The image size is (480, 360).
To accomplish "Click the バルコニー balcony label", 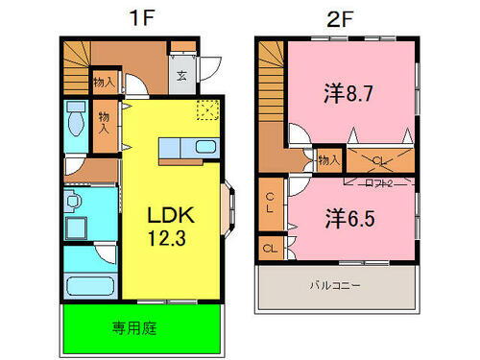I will click(335, 285).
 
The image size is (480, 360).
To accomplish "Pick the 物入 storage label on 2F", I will click(328, 159).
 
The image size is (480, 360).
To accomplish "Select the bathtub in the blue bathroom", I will click(89, 287).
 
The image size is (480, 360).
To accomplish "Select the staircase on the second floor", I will click(272, 82).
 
